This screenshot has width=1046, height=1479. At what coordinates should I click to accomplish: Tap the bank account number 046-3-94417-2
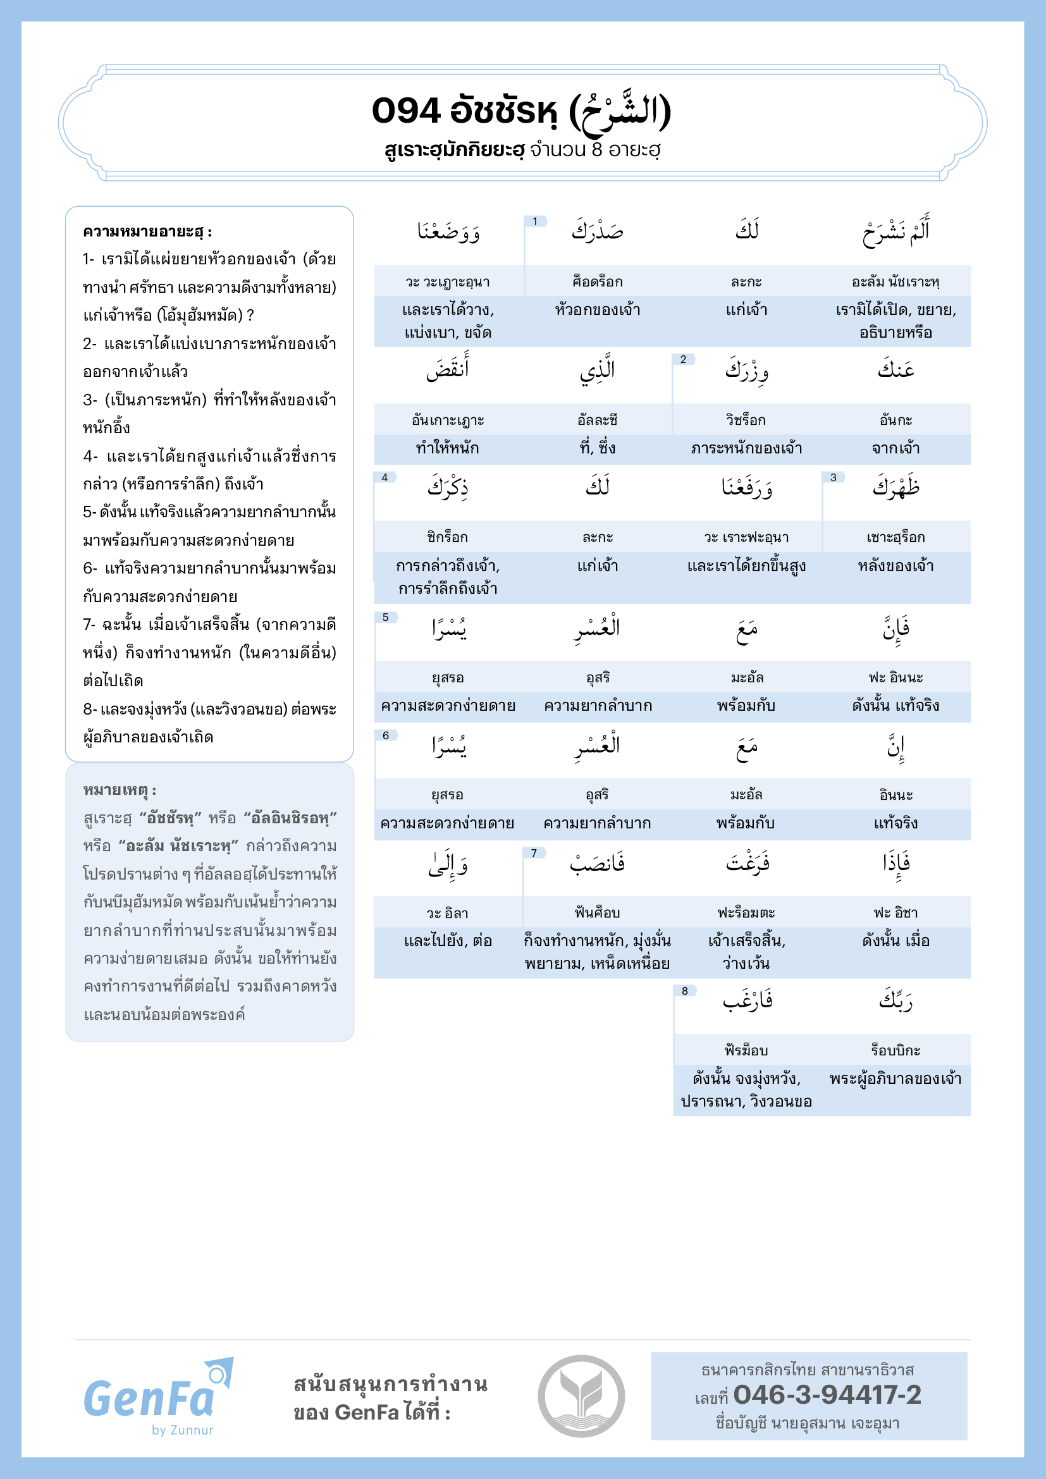coord(827,1395)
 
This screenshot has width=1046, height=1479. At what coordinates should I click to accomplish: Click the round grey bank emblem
coord(581,1396)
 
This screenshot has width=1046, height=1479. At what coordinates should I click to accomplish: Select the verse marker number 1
coord(535,221)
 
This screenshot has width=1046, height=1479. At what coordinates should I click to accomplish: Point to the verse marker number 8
coord(685,991)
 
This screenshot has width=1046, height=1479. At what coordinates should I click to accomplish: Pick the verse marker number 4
coord(385,477)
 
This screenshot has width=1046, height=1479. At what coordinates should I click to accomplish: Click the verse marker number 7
coord(534,853)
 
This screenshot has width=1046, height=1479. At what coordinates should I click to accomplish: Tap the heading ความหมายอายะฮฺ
coord(147,232)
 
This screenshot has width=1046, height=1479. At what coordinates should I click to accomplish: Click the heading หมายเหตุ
coord(120,790)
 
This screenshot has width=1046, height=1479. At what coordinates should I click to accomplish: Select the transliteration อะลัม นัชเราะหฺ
coord(895,282)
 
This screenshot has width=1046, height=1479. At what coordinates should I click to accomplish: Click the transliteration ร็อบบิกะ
coord(895,1051)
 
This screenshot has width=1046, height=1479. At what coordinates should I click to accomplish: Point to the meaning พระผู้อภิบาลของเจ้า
coord(895,1079)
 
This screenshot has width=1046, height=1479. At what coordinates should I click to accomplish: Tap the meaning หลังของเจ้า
coord(895,566)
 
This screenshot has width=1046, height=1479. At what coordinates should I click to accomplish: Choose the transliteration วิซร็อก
coord(746,420)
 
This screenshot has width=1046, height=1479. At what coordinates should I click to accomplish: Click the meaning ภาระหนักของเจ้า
coord(746,448)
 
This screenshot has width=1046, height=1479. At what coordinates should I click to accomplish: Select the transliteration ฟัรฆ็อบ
coord(746,1051)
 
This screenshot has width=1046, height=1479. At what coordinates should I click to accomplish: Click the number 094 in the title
coord(406,111)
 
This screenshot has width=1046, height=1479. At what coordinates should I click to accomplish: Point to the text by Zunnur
coord(182,1430)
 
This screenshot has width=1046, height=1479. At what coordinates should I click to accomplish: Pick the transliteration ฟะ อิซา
coord(895,913)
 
